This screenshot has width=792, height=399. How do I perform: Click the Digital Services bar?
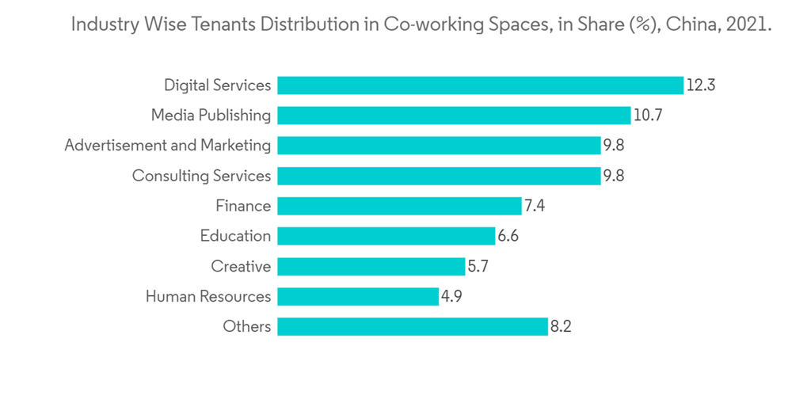(480, 85)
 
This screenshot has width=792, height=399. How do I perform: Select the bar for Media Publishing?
(454, 116)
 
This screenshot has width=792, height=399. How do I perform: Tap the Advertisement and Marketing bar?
(439, 146)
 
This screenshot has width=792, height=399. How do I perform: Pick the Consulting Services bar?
(439, 176)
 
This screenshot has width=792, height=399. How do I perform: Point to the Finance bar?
(399, 206)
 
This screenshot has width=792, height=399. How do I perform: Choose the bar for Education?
(386, 236)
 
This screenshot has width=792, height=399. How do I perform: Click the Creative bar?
(371, 266)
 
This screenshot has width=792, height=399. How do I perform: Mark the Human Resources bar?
(357, 296)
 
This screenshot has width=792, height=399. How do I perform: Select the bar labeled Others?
(412, 326)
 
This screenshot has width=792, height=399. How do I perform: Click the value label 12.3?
(701, 85)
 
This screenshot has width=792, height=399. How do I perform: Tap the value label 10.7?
(648, 116)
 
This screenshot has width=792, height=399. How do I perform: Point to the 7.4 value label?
(535, 206)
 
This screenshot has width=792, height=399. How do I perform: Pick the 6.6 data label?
(508, 236)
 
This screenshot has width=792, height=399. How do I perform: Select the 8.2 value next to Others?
(561, 326)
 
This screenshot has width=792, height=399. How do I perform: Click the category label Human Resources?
(208, 297)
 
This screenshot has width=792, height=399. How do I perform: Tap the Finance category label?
(243, 206)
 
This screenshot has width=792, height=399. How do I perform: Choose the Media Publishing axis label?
(211, 116)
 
